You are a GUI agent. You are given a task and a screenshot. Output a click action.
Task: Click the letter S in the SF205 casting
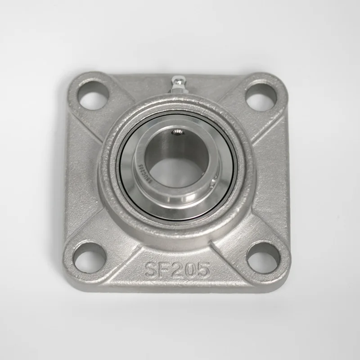pos(151,270)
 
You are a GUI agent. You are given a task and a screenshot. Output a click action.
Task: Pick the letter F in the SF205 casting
pos(164,270)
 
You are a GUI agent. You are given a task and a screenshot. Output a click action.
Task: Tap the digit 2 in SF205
pos(177,270)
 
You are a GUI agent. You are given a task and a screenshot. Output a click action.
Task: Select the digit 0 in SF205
pos(190,270)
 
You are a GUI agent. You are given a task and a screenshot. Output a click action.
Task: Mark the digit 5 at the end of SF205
pos(203,270)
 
